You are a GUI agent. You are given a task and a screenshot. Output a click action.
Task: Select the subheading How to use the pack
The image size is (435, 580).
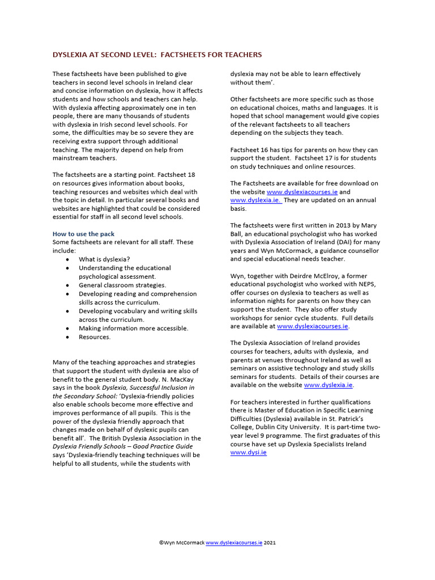tap(83, 233)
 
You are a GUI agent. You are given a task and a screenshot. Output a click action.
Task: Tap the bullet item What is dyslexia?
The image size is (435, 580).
tap(104, 259)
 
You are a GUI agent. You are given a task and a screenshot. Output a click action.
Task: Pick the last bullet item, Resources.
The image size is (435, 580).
tap(95, 337)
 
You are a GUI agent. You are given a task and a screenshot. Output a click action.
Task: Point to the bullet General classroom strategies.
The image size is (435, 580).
tap(122, 285)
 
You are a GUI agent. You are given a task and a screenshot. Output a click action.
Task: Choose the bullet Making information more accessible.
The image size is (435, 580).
tap(134, 328)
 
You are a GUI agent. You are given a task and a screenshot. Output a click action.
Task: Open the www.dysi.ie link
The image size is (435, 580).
tap(248, 453)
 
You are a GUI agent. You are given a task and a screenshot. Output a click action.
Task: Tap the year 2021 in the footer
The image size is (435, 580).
tap(270, 543)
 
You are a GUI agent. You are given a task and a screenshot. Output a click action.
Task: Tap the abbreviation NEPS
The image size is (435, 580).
tap(367, 284)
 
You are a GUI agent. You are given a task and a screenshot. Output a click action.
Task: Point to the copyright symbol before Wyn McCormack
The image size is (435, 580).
tap(161, 543)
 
